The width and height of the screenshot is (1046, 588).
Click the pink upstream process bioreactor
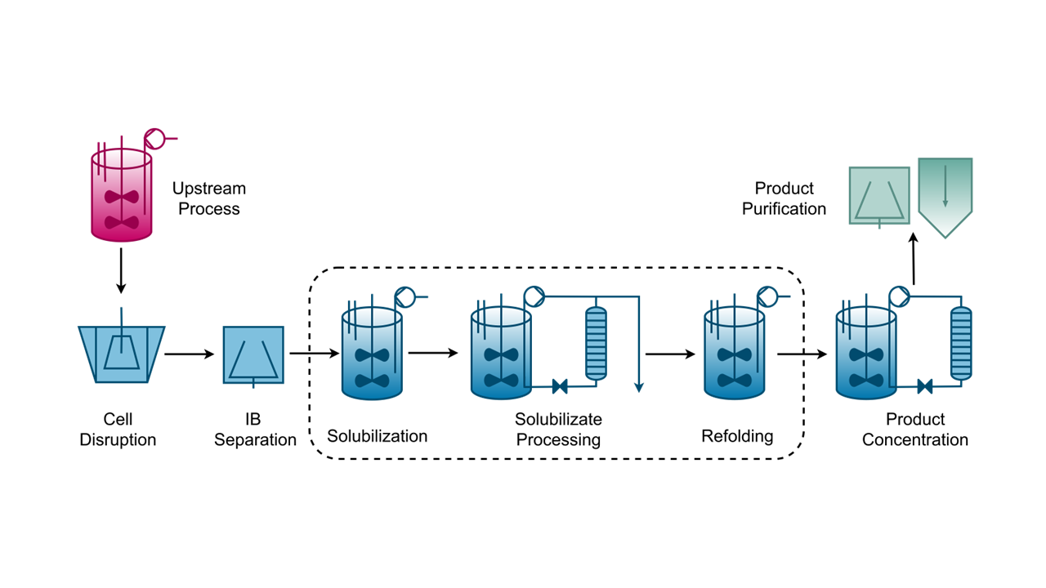(x=122, y=195)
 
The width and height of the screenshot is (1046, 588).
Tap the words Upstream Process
(x=208, y=198)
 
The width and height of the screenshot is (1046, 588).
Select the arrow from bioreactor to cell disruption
(x=121, y=270)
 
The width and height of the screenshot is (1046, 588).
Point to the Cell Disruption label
(x=118, y=430)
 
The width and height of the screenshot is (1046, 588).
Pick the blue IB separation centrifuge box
(x=253, y=355)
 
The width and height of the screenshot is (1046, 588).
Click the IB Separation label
(x=255, y=430)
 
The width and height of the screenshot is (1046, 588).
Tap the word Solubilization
(x=378, y=436)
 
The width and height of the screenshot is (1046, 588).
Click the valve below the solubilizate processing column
(x=560, y=386)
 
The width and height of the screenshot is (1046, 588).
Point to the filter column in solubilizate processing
(x=597, y=343)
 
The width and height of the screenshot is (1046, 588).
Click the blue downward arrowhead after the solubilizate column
(x=639, y=387)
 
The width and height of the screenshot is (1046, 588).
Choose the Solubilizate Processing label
(x=558, y=430)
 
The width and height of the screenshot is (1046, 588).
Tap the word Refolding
(x=737, y=436)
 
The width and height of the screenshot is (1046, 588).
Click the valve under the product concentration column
(x=924, y=386)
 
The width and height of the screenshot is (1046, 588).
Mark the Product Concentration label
(x=915, y=430)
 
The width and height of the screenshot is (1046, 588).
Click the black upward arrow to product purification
(x=914, y=259)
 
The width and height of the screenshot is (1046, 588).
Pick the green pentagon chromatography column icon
(x=945, y=198)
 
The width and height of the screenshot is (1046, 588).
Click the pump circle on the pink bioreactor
(x=154, y=139)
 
